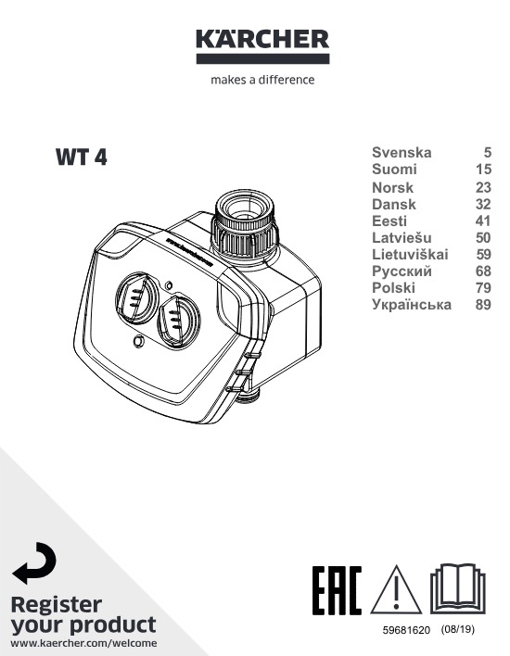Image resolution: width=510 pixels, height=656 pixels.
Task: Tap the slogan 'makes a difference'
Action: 262,80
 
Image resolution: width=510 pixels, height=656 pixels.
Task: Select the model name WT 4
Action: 82,158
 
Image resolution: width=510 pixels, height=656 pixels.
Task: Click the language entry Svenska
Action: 402,152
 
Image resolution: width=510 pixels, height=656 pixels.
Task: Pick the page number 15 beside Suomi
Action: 483,170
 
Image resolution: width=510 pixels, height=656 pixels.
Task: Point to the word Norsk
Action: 392,187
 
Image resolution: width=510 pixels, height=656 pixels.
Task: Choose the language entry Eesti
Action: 389,221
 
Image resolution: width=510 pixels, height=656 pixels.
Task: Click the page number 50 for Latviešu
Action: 483,237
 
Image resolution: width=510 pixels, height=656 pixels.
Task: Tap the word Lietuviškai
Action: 410,255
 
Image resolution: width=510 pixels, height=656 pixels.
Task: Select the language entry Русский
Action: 402,271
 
